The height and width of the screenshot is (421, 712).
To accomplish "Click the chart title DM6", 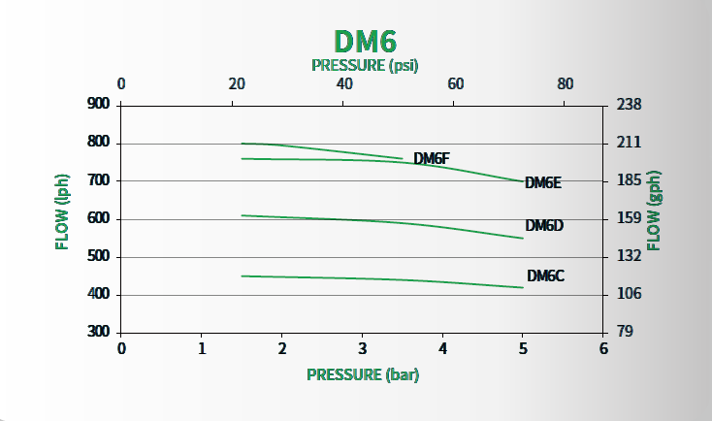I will pos(366,41).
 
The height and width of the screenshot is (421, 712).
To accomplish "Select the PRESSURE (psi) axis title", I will pos(366,65).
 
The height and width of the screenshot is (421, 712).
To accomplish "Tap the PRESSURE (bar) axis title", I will pos(364,373).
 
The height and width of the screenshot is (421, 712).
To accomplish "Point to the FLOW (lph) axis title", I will pos(62,218).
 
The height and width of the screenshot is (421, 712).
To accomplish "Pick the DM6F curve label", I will pos(432,158).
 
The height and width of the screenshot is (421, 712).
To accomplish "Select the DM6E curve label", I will pos(543,182).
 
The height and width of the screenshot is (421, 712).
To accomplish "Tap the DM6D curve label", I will pos(544,226).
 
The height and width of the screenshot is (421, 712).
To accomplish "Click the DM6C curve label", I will pos(545,275).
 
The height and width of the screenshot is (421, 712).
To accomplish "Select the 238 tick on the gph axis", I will pos(630,104).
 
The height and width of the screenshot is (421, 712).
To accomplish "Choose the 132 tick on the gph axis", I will pos(630,257).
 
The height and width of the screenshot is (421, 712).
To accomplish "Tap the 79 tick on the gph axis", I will pos(626,333).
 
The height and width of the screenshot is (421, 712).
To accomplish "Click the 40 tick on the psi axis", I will pos(344,84).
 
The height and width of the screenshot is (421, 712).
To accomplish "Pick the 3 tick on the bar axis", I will pos(362,348).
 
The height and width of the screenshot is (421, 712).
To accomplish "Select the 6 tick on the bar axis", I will pos(603,348).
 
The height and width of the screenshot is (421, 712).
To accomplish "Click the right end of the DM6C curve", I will pos(523,287).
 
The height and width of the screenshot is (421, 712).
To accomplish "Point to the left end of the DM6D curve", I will pos(242,215).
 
